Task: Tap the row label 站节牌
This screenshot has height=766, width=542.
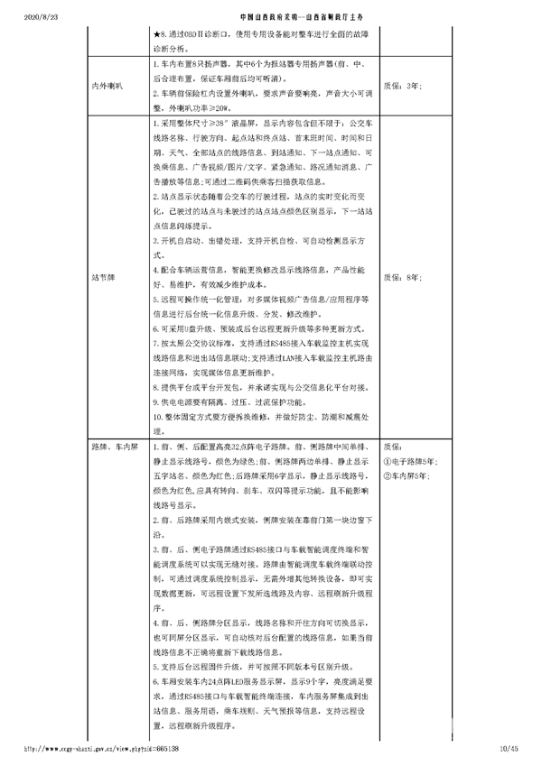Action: coord(104,277)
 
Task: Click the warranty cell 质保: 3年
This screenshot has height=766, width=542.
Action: coord(401,87)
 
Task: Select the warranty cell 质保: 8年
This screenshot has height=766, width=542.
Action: coord(402,277)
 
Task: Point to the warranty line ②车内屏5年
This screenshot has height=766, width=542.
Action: coord(406,474)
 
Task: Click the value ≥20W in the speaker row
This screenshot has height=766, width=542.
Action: coord(231,106)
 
